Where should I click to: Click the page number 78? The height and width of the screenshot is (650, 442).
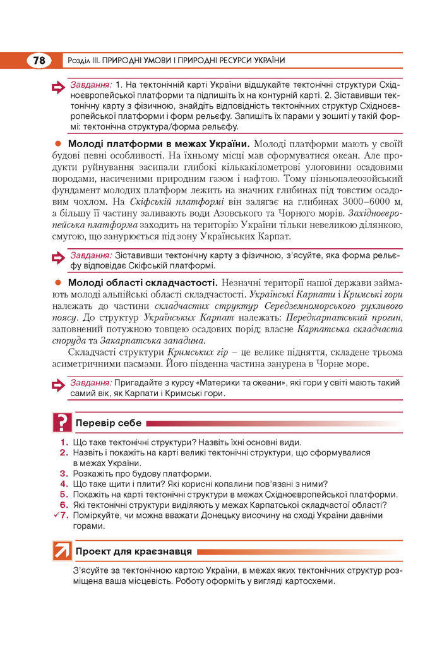39,61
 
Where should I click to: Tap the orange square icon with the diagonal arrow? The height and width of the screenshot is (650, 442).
61,551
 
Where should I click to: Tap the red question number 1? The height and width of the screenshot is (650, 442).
64,442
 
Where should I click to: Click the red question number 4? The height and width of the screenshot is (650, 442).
64,484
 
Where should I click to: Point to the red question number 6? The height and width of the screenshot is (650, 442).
64,505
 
